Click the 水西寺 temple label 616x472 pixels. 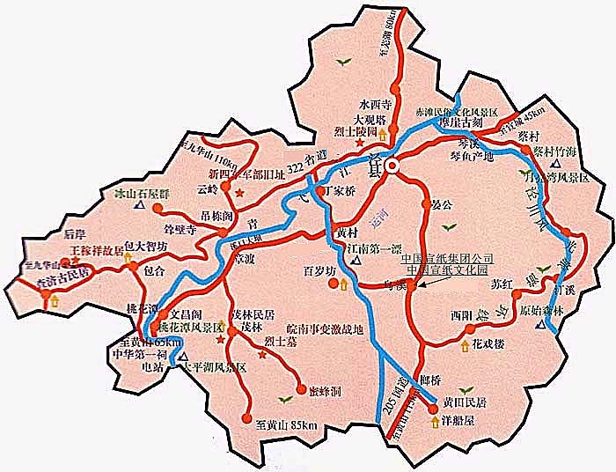[371, 100]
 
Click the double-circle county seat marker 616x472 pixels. [395, 165]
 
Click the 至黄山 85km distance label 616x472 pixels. [285, 425]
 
